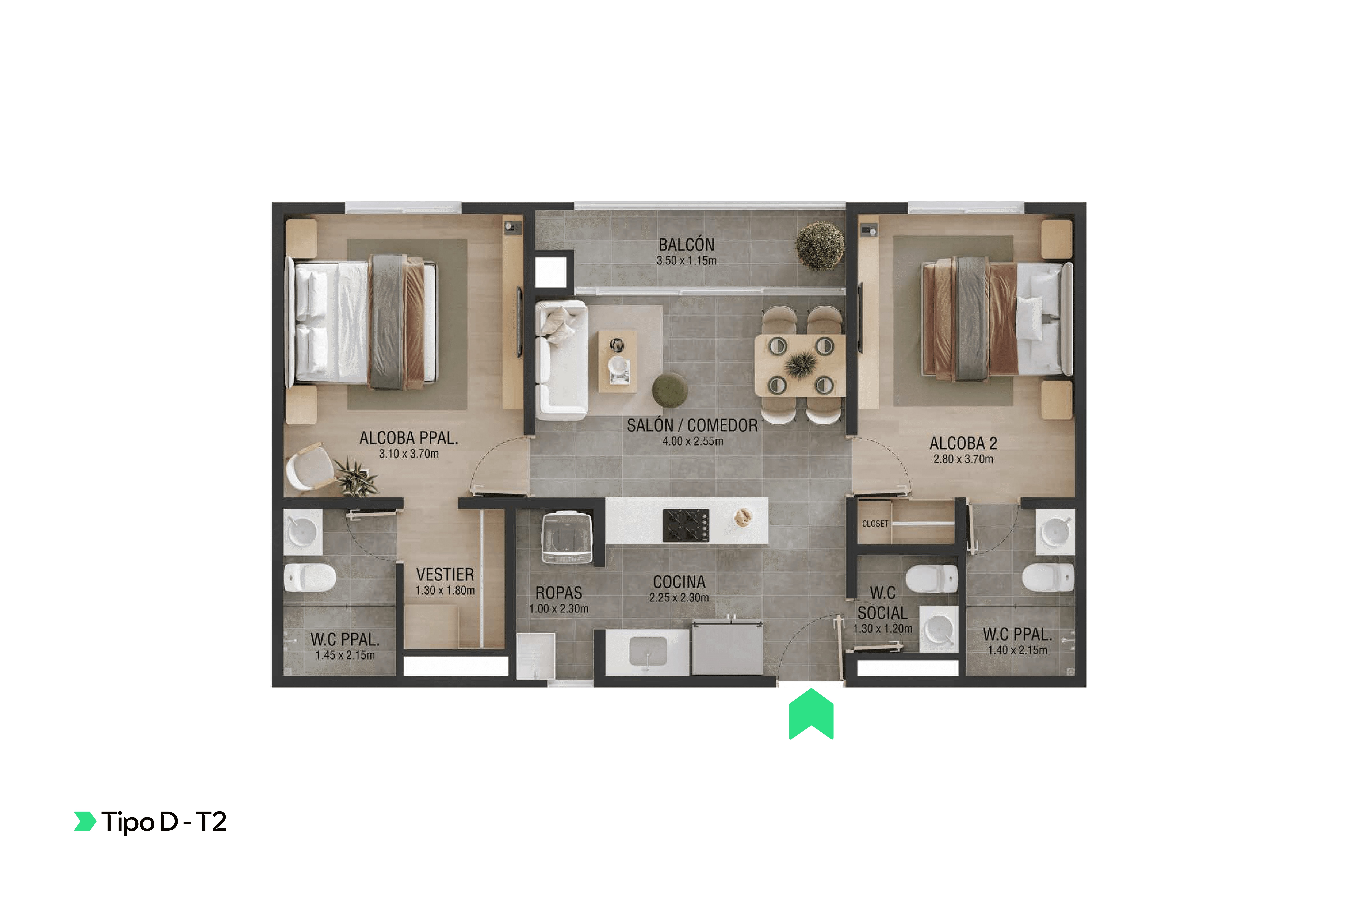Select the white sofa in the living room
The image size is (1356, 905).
pos(561,360)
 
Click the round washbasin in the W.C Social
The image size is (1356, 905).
pos(939,629)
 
